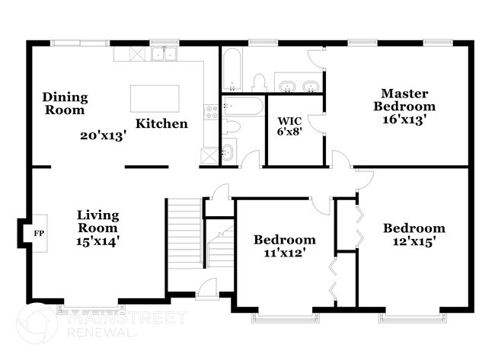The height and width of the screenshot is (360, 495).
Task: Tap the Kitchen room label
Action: [161, 123]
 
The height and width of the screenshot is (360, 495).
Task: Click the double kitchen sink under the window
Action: [164, 54]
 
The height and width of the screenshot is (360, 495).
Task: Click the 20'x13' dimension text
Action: [103, 136]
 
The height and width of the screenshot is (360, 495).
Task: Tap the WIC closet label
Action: [290, 121]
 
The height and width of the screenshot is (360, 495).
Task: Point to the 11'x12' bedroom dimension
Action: [284, 253]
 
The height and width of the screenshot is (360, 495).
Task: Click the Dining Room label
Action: [65, 104]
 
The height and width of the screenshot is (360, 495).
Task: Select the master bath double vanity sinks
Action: [298, 85]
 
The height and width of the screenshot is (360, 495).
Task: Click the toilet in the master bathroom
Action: [258, 82]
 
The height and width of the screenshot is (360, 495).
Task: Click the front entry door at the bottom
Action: [206, 288]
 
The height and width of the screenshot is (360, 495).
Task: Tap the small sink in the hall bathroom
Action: [228, 154]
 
